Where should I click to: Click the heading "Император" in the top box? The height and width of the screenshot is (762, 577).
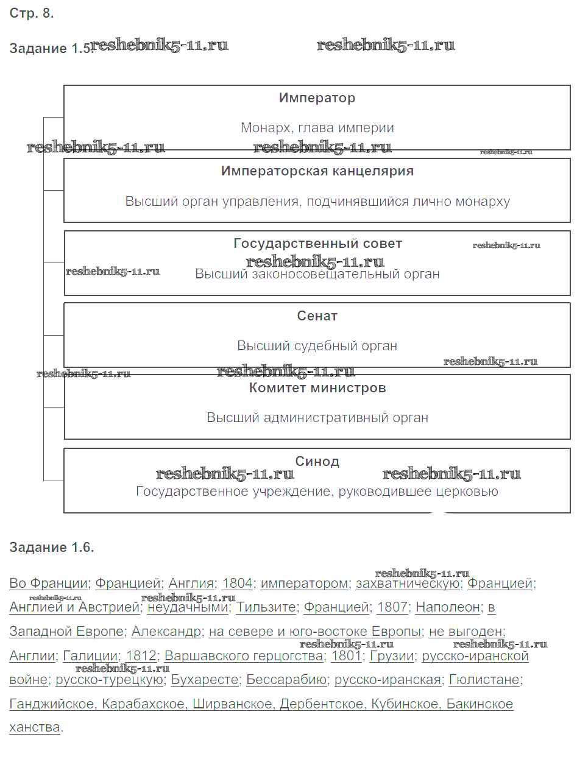pos(317,98)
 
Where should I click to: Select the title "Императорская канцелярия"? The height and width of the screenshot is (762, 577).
pos(317,171)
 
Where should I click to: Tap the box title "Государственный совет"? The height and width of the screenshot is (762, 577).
pos(317,244)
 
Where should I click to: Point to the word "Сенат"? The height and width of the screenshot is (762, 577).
pos(317,316)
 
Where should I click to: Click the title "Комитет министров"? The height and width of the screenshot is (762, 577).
pos(317,388)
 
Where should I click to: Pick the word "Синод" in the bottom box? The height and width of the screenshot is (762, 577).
pos(317,461)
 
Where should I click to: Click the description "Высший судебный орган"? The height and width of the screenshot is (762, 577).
pos(317,346)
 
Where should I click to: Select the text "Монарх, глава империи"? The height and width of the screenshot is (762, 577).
pos(317,128)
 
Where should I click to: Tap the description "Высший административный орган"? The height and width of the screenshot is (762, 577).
pos(317,418)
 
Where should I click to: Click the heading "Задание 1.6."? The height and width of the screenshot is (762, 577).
pos(52,547)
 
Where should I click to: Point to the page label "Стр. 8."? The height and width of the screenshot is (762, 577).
pos(32,14)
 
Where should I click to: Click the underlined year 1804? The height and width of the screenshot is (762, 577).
pos(237,584)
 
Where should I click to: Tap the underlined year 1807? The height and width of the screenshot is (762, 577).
pos(392,607)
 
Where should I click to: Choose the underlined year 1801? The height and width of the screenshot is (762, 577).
pos(345,656)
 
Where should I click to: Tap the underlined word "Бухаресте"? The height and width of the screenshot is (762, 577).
pos(205,680)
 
